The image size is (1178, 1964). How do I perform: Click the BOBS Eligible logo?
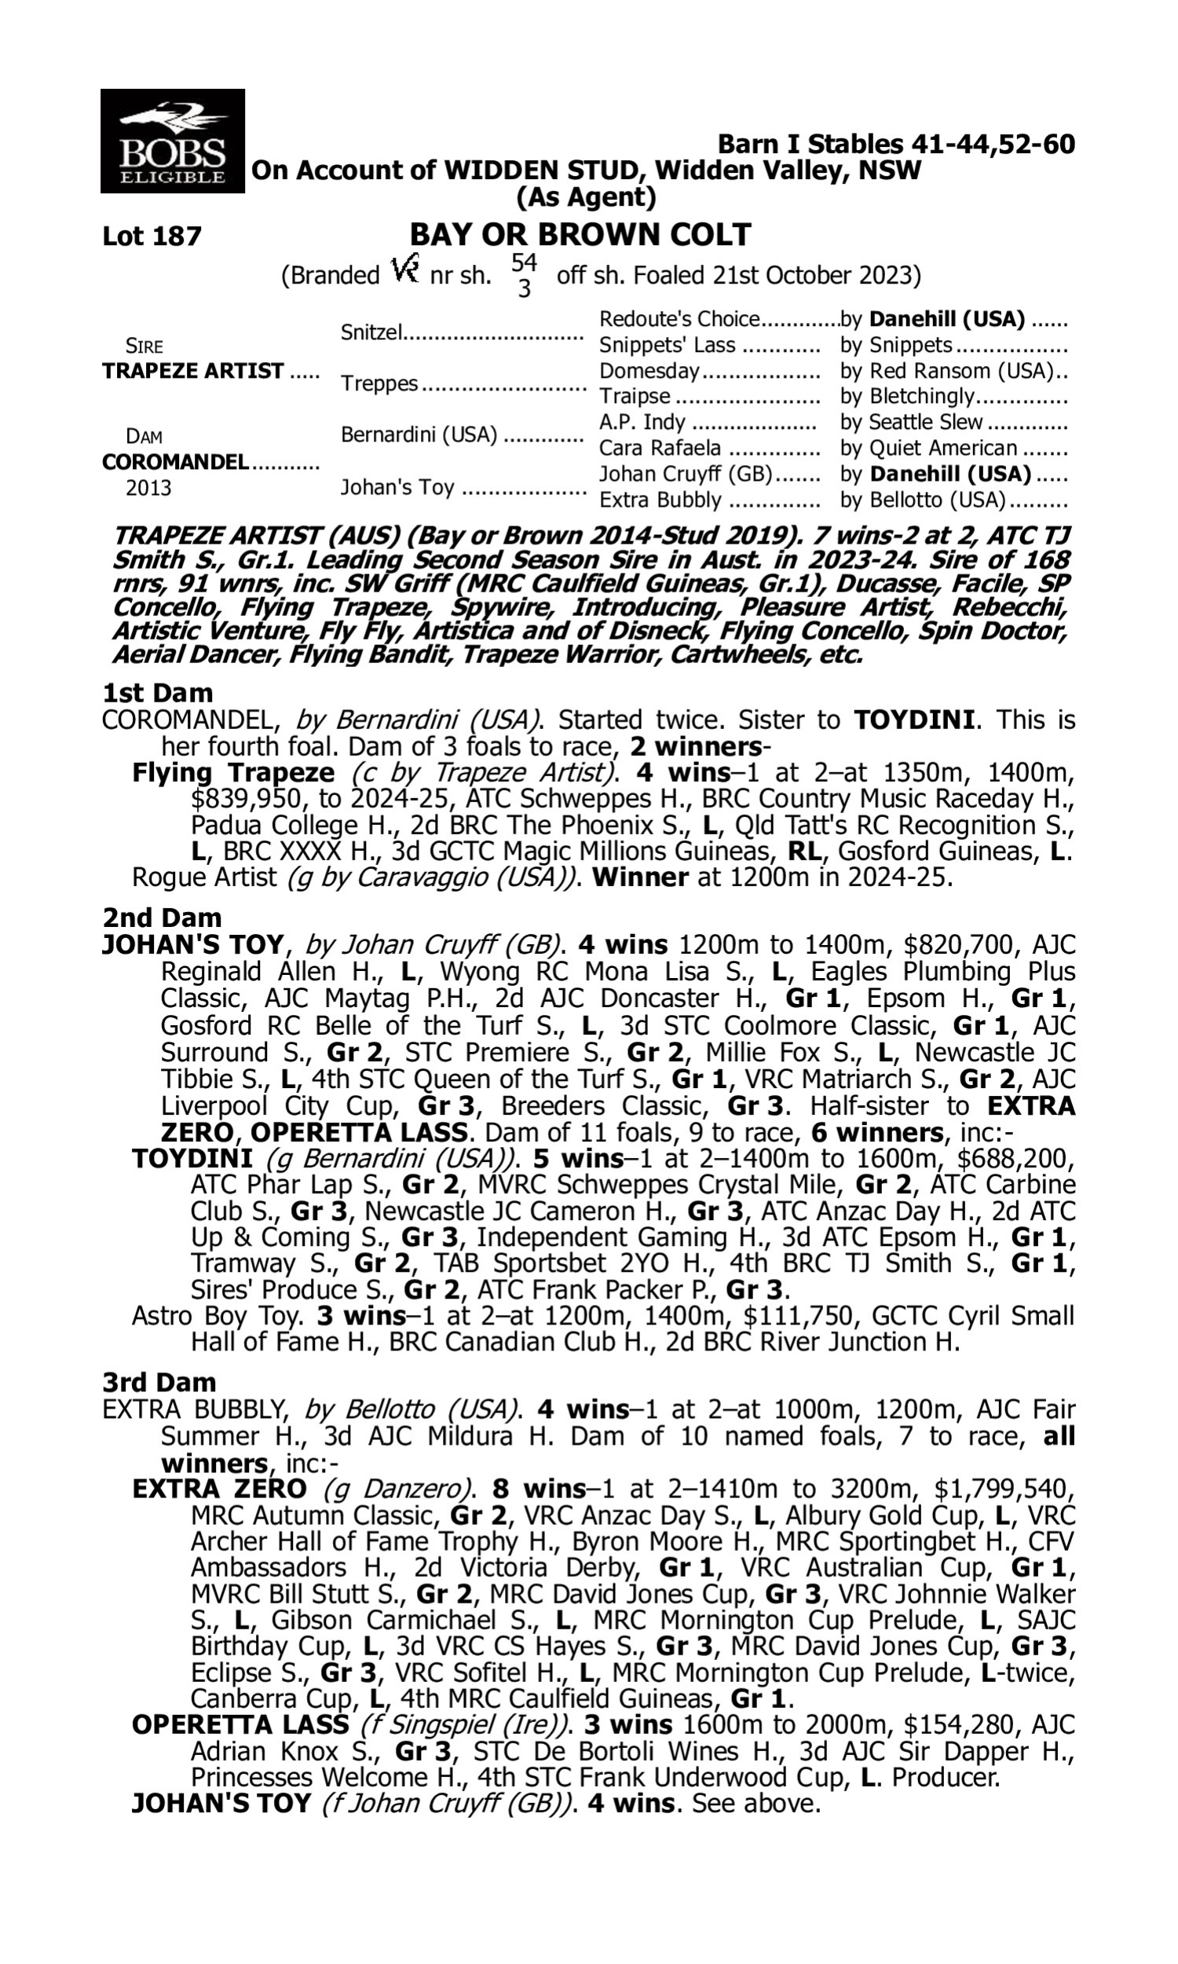click(172, 141)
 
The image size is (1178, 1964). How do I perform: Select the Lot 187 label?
click(152, 236)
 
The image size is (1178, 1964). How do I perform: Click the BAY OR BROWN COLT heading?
click(580, 235)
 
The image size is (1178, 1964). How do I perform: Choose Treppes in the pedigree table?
click(379, 383)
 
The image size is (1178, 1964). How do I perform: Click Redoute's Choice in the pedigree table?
click(679, 319)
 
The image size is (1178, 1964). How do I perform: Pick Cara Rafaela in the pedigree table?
click(660, 449)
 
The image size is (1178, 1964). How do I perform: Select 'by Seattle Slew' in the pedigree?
click(911, 423)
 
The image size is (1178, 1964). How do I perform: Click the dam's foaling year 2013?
click(148, 487)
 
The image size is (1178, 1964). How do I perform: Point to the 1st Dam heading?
click(157, 693)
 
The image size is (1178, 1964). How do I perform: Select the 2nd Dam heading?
click(162, 918)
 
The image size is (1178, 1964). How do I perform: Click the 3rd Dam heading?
click(159, 1382)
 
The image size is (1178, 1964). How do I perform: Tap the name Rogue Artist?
click(204, 878)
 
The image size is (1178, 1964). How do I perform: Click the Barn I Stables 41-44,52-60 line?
click(896, 145)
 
